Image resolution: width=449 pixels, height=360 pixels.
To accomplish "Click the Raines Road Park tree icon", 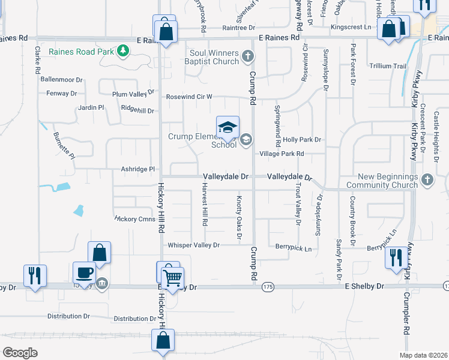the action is click(x=123, y=51).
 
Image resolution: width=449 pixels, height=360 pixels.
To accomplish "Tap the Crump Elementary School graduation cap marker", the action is click(x=228, y=127).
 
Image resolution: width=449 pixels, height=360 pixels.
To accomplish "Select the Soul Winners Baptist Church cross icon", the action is click(x=248, y=57).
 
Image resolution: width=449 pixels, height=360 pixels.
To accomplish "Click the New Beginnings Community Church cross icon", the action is click(x=427, y=179).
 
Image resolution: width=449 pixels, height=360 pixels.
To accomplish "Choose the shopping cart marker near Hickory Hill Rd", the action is click(x=173, y=277).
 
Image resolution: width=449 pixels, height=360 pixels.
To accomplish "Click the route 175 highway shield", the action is click(x=267, y=287).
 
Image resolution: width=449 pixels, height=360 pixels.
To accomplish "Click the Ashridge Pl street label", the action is click(x=138, y=169).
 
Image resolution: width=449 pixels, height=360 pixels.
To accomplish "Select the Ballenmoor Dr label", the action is click(x=61, y=79).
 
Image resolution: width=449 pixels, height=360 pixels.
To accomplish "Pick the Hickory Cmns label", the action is click(x=134, y=219).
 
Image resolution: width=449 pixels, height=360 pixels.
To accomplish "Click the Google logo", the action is click(x=20, y=352).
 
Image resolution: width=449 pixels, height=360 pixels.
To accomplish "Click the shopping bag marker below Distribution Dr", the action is click(x=163, y=341).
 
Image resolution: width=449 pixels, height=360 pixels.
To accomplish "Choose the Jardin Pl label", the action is click(x=91, y=108).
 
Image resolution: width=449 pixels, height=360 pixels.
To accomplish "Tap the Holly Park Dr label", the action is click(x=302, y=140).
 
